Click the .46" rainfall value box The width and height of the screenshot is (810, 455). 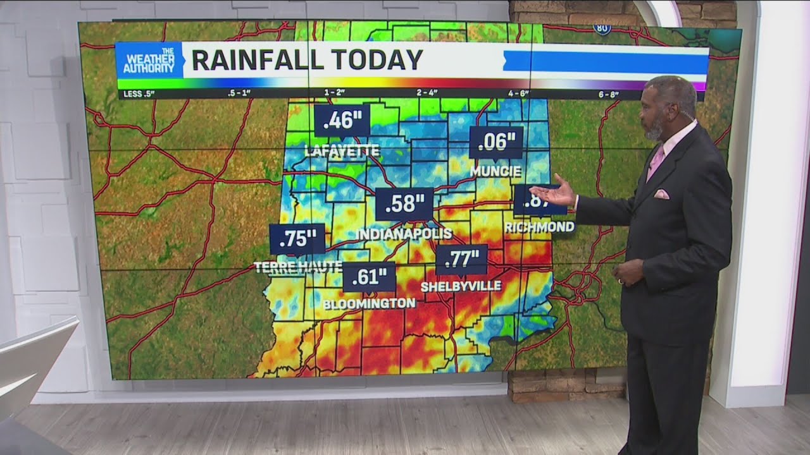click(342, 120)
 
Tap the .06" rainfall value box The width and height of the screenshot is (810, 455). click(496, 142)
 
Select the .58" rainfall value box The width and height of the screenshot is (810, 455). click(404, 203)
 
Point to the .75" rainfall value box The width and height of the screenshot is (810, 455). click(297, 239)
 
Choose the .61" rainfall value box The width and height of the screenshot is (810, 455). click(370, 277)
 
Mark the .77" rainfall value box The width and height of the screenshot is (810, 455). click(461, 259)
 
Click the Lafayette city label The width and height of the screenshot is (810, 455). click(342, 150)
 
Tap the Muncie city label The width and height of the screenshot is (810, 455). click(496, 171)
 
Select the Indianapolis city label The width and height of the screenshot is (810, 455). click(404, 234)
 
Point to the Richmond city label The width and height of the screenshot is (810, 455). click(540, 226)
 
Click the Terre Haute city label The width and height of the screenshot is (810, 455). click(298, 267)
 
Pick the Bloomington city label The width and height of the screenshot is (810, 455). click(370, 304)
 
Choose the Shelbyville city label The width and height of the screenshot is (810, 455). click(461, 286)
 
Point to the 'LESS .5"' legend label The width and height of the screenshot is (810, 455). click(139, 95)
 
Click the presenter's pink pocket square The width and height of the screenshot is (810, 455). click(661, 194)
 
